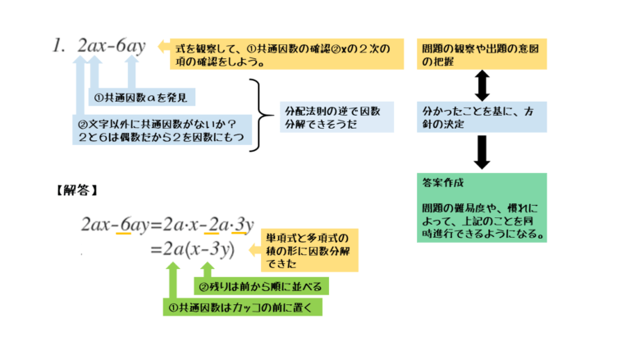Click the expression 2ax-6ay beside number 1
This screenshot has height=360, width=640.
[111, 47]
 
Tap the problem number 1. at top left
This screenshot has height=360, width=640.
[57, 47]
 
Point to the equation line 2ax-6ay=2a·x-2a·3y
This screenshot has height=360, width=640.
[167, 222]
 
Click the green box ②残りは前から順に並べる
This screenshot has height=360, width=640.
[262, 286]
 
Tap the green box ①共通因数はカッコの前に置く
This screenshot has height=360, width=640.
[243, 308]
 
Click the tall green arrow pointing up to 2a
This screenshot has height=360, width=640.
[173, 283]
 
